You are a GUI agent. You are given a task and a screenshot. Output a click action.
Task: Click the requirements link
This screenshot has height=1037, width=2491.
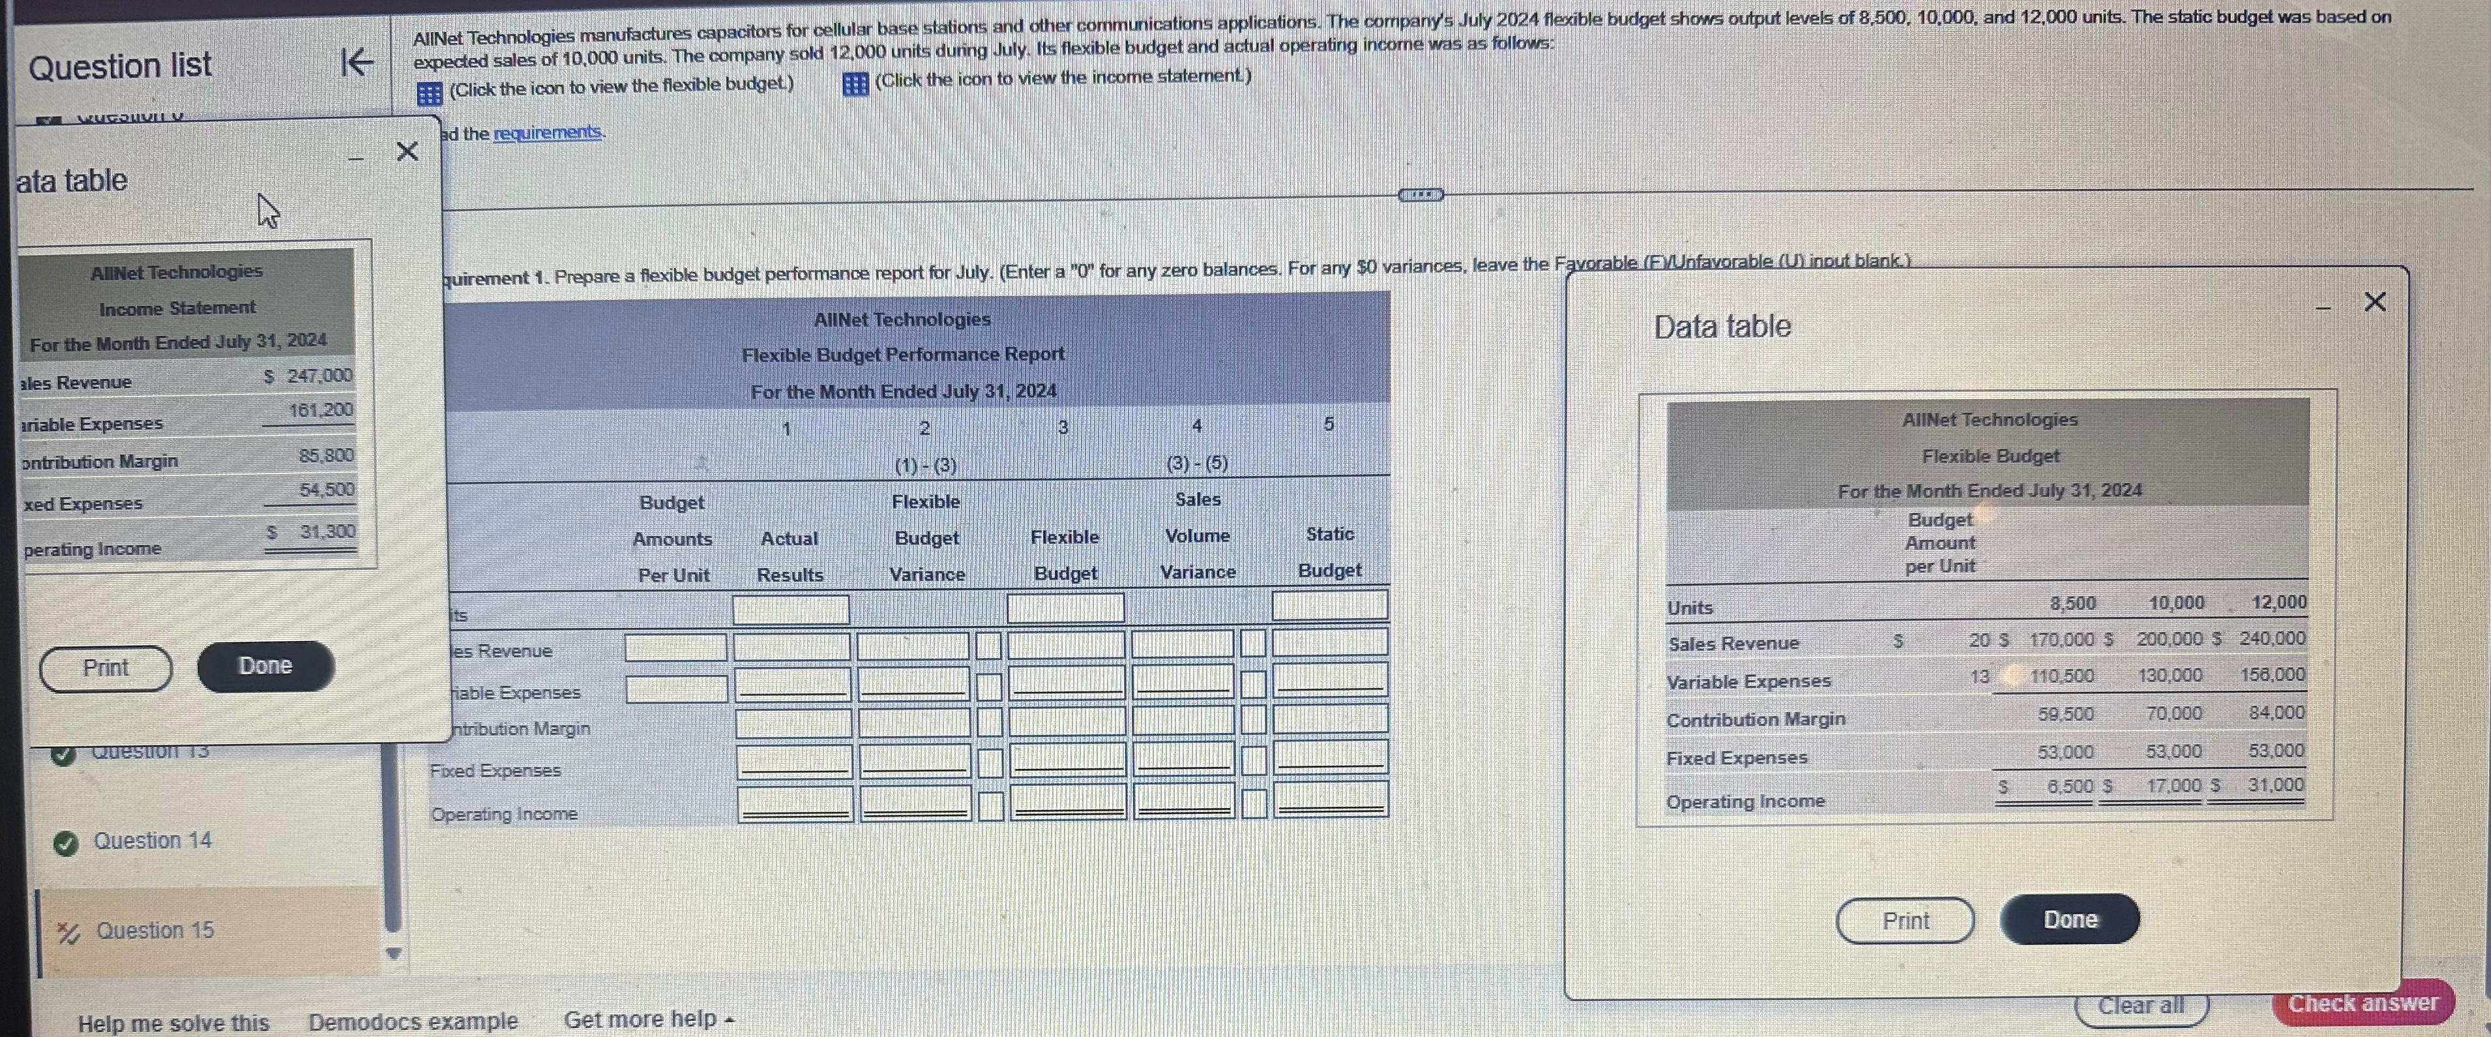pyautogui.click(x=548, y=132)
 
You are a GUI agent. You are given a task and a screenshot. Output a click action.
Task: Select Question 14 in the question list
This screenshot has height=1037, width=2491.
pyautogui.click(x=152, y=841)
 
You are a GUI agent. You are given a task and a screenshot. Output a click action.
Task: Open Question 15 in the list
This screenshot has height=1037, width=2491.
pyautogui.click(x=155, y=931)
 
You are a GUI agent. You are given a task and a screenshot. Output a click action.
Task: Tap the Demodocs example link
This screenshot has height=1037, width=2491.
pyautogui.click(x=413, y=1021)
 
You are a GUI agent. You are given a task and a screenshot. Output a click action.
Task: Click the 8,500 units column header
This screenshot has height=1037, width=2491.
pyautogui.click(x=2072, y=604)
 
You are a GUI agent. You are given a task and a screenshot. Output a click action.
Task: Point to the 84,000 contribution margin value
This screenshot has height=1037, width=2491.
pyautogui.click(x=2275, y=713)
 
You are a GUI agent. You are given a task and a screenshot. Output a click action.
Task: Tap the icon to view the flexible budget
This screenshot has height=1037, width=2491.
pyautogui.click(x=430, y=93)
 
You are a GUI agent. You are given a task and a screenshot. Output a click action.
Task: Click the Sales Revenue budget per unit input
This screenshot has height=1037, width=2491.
pyautogui.click(x=675, y=647)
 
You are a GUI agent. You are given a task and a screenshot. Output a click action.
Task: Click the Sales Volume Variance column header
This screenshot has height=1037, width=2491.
pyautogui.click(x=1197, y=536)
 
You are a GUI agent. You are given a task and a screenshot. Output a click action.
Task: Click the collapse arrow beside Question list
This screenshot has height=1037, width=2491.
pyautogui.click(x=357, y=64)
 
